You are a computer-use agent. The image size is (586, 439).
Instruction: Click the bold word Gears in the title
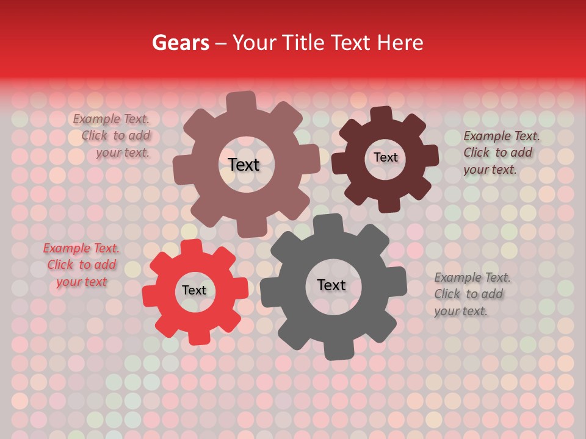180,43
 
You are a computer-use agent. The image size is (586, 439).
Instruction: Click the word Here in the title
400,43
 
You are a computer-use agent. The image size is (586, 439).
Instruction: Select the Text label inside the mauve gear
244,165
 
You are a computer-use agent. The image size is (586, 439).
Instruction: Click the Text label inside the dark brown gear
385,157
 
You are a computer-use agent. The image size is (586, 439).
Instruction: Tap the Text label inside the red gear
194,291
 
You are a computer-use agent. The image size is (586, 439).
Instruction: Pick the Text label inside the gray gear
331,285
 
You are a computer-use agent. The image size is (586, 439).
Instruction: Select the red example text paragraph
81,265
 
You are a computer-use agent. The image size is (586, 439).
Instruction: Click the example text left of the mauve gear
112,136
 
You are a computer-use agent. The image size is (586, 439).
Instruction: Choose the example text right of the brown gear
501,153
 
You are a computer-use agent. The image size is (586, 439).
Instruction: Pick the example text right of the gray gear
471,294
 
